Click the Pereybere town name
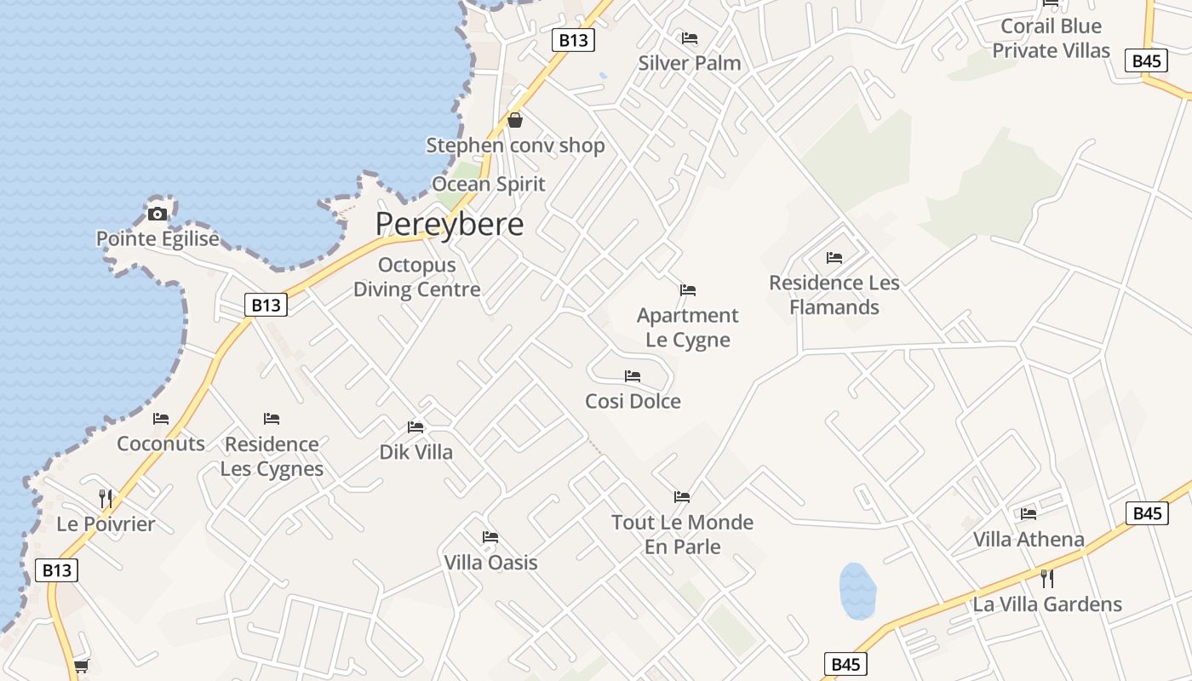pos(450,224)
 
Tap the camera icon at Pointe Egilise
pos(158,214)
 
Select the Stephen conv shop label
pos(515,146)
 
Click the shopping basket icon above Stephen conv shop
pos(515,120)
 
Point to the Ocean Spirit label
pos(489,184)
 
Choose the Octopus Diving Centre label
pos(417,278)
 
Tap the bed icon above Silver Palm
pos(690,38)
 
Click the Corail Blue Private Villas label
pos(1051,38)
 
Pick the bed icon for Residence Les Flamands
pos(834,258)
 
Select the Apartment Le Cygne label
pos(688,328)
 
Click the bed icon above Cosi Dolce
pos(633,376)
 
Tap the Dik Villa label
pos(416,452)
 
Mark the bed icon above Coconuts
pos(161,419)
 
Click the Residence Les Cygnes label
pos(272,456)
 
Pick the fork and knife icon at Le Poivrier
pos(106,498)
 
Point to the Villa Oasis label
pos(490,563)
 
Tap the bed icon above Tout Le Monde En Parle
pos(682,497)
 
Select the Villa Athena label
pos(1029,539)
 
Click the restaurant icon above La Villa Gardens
pos(1047,579)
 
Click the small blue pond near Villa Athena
pos(857,590)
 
